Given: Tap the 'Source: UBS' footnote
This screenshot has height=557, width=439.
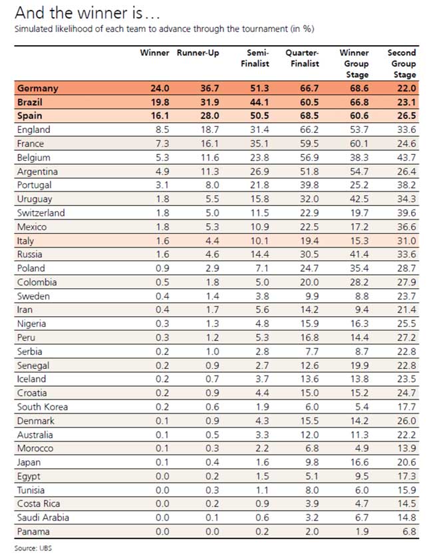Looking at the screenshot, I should point(34,548).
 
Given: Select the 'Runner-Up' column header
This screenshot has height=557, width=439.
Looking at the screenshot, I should point(198,53).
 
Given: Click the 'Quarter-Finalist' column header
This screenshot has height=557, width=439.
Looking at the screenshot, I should point(303,58).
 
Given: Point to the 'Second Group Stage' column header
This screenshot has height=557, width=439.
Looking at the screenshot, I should point(402,64).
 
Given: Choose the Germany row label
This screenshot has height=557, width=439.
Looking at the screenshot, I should point(38,88).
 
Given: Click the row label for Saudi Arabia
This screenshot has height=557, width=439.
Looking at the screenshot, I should point(43,518).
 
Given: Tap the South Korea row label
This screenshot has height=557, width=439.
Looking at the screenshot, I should point(43,407).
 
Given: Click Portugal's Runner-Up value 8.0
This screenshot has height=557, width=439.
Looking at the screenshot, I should point(210,185).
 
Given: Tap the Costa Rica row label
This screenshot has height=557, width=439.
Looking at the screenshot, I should point(39,504).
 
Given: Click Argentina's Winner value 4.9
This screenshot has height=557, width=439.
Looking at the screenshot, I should point(162,171).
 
